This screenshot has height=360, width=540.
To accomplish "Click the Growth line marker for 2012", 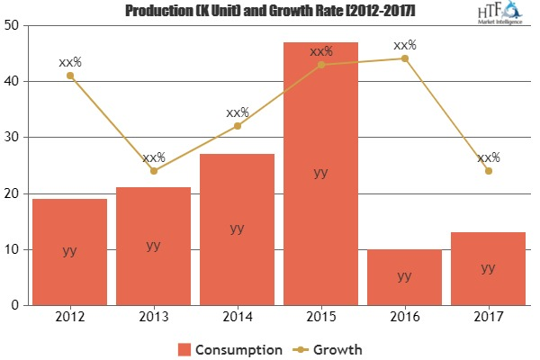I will point(69,76).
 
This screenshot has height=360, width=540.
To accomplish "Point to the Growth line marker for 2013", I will point(153,171).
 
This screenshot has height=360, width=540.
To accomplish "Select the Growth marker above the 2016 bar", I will point(404,58).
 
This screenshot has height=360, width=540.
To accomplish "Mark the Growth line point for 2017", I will point(488,171).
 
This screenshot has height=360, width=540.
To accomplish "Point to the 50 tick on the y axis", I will point(14,25).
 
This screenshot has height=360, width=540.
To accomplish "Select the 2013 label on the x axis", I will point(153,318).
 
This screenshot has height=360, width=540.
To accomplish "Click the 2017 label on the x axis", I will point(488,318).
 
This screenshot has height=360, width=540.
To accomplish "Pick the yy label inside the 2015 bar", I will point(320,174).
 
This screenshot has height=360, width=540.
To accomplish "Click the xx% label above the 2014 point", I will point(238,113).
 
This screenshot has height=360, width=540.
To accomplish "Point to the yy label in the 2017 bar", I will point(488,267).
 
